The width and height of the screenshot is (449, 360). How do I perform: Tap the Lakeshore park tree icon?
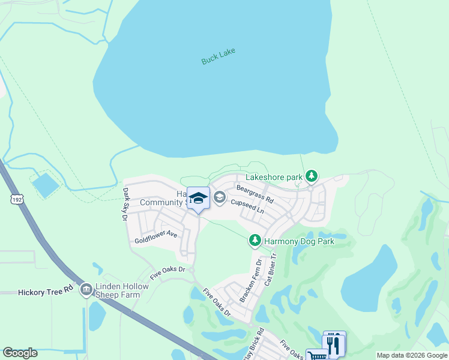pos(311,176)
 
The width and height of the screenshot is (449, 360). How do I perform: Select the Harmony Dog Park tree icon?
pos(255,241)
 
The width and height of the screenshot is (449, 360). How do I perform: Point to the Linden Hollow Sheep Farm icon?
pos(86,290)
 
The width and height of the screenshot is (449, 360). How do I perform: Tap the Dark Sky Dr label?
pos(126,204)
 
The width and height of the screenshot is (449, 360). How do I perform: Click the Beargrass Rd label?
pos(255,194)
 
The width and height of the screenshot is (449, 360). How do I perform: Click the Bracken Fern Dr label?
pos(251,280)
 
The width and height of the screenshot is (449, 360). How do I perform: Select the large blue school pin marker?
pos(198,199)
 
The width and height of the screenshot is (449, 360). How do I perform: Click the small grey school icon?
pos(220,197)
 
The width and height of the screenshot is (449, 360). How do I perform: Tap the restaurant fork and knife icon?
pos(334,343)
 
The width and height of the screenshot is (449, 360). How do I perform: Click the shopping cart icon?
pos(316,355)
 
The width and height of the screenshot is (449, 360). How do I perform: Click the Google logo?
pos(20,353)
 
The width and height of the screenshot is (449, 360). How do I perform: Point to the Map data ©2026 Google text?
pos(411,355)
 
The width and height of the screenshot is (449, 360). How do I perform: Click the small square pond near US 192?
pos(46,185)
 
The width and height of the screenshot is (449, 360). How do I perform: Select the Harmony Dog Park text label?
pos(300,241)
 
